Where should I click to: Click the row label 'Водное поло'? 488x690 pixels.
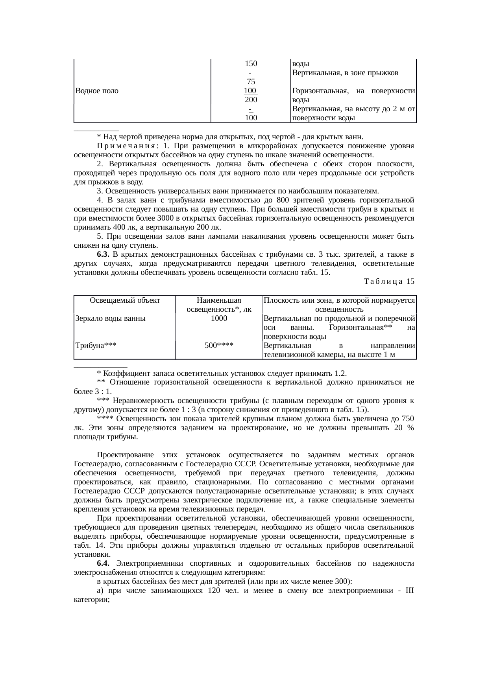click(x=96, y=91)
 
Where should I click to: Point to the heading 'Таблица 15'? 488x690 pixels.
click(x=389, y=282)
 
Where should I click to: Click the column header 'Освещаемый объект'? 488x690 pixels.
click(x=125, y=300)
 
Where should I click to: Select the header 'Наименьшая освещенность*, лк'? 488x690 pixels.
click(x=219, y=305)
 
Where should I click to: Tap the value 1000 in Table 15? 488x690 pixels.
click(x=219, y=318)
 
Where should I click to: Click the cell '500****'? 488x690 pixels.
click(x=219, y=346)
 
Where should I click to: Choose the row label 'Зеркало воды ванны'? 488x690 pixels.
click(x=110, y=318)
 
